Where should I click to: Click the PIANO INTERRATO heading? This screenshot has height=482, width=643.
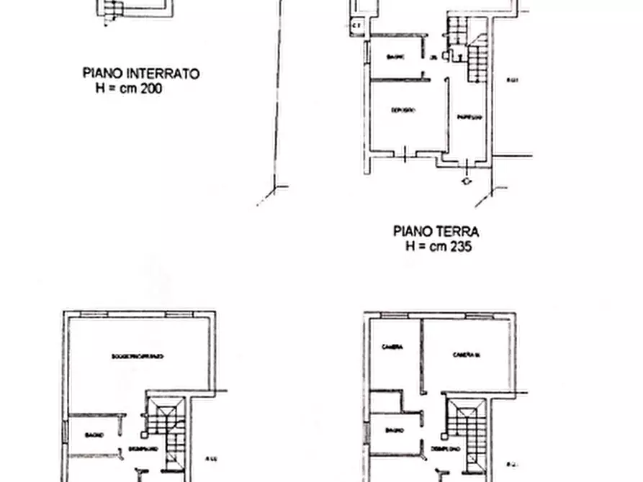(141, 73)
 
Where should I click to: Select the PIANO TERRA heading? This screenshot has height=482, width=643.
(436, 232)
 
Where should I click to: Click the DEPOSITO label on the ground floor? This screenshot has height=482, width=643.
(403, 110)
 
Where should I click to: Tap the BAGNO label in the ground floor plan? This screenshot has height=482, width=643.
(395, 57)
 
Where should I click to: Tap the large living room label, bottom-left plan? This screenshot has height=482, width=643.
(138, 356)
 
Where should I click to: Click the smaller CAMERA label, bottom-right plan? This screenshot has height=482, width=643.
(392, 347)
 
